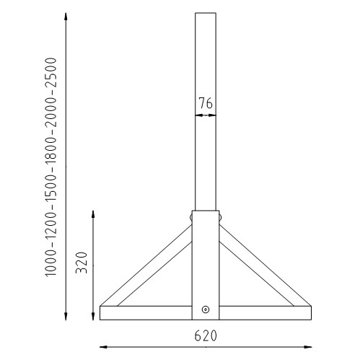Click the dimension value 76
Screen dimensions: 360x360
[x=206, y=103]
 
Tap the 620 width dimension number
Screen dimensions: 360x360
[x=206, y=336]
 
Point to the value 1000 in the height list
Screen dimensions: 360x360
[x=53, y=259]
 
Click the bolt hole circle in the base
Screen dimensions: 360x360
[x=206, y=310]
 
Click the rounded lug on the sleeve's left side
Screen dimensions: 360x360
[x=191, y=215]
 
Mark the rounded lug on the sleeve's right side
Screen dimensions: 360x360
[x=220, y=215]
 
